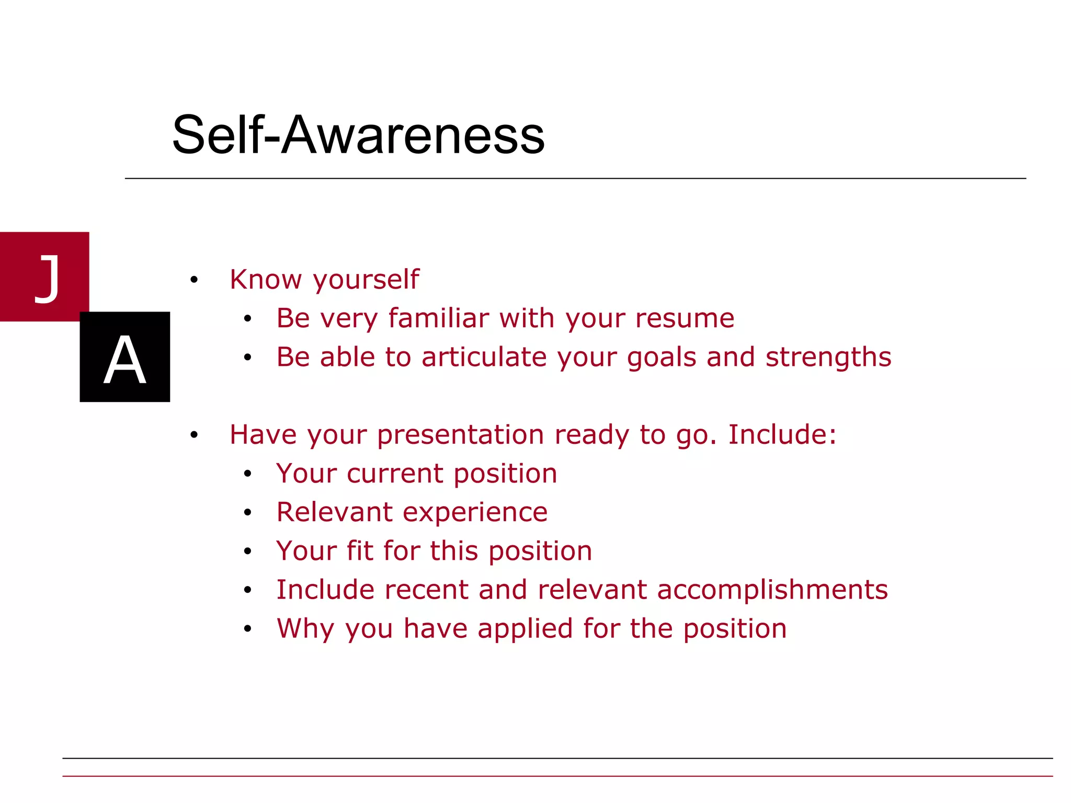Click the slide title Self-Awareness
click(x=358, y=135)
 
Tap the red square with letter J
click(x=44, y=276)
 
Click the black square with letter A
click(x=124, y=357)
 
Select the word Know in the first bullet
click(x=266, y=279)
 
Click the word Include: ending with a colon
click(x=782, y=434)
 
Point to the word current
click(x=395, y=474)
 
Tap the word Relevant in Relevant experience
click(x=334, y=512)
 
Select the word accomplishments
click(x=772, y=590)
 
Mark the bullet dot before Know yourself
click(x=194, y=280)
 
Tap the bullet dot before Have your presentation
click(x=194, y=435)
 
